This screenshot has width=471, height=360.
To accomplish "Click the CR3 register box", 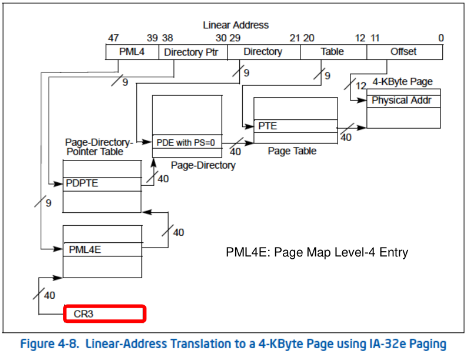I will pos(103,314).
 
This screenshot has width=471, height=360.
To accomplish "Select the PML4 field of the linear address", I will pos(132,52).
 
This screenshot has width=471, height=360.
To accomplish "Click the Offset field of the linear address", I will pos(403,52).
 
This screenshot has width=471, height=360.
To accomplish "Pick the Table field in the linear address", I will pos(332,52).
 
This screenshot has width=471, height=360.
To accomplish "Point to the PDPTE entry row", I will pos(102,183).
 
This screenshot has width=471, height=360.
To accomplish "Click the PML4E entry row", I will pos(102,249).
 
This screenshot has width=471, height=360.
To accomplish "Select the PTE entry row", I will pos(295,126).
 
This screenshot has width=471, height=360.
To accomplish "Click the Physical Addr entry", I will pos(403,101).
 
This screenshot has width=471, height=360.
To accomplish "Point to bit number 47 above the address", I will pos(113,38).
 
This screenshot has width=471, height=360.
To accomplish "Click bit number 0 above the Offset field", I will pos(441,38).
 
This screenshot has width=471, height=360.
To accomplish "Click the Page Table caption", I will pos(292,151).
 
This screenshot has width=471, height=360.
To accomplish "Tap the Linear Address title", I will pos(236,25).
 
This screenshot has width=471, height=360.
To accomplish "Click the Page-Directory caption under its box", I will pos(203,165).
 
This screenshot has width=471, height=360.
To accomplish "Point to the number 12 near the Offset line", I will pos(361,86).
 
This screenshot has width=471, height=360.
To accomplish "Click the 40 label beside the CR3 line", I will pos(49,295).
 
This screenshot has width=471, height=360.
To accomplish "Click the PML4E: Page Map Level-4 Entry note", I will pos(317,252).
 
